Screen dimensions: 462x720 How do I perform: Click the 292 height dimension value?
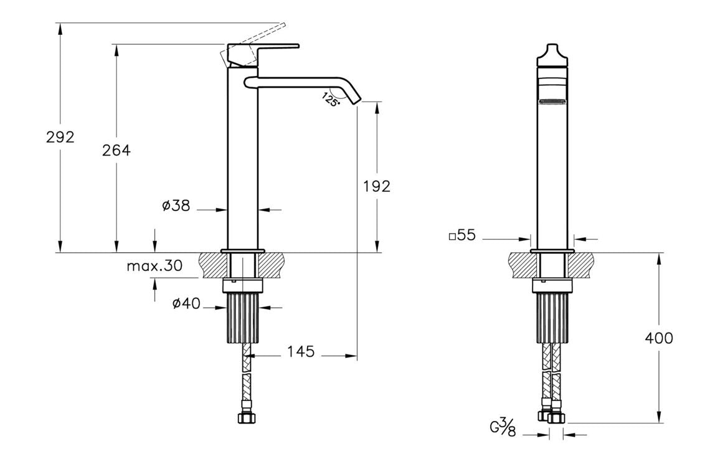point(60,137)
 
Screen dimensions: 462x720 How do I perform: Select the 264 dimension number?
point(116,150)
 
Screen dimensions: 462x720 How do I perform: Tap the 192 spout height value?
point(377,186)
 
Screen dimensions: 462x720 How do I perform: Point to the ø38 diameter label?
point(176,205)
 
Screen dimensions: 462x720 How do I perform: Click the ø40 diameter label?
point(185,303)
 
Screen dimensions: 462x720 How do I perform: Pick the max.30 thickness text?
point(154,266)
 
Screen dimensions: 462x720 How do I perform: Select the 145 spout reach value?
point(301,352)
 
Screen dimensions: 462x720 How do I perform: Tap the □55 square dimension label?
point(462,235)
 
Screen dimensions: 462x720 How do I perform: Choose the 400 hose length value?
point(659,338)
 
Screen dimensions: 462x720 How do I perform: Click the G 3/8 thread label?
point(501,428)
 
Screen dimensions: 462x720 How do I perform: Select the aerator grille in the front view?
point(553,101)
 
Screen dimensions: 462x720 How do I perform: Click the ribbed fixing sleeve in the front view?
point(552,318)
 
